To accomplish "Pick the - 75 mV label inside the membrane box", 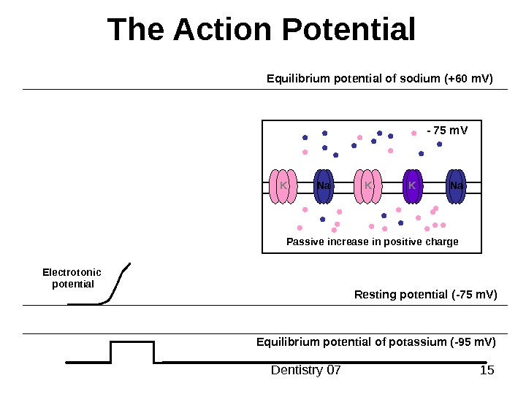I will click(446, 131).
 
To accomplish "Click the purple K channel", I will click(412, 186).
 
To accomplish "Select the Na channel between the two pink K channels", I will click(324, 186).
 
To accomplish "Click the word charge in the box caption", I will click(441, 242).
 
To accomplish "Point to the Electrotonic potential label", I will click(73, 278).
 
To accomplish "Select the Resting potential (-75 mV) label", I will click(425, 295).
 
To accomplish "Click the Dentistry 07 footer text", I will click(306, 371).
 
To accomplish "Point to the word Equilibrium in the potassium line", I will click(284, 341).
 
